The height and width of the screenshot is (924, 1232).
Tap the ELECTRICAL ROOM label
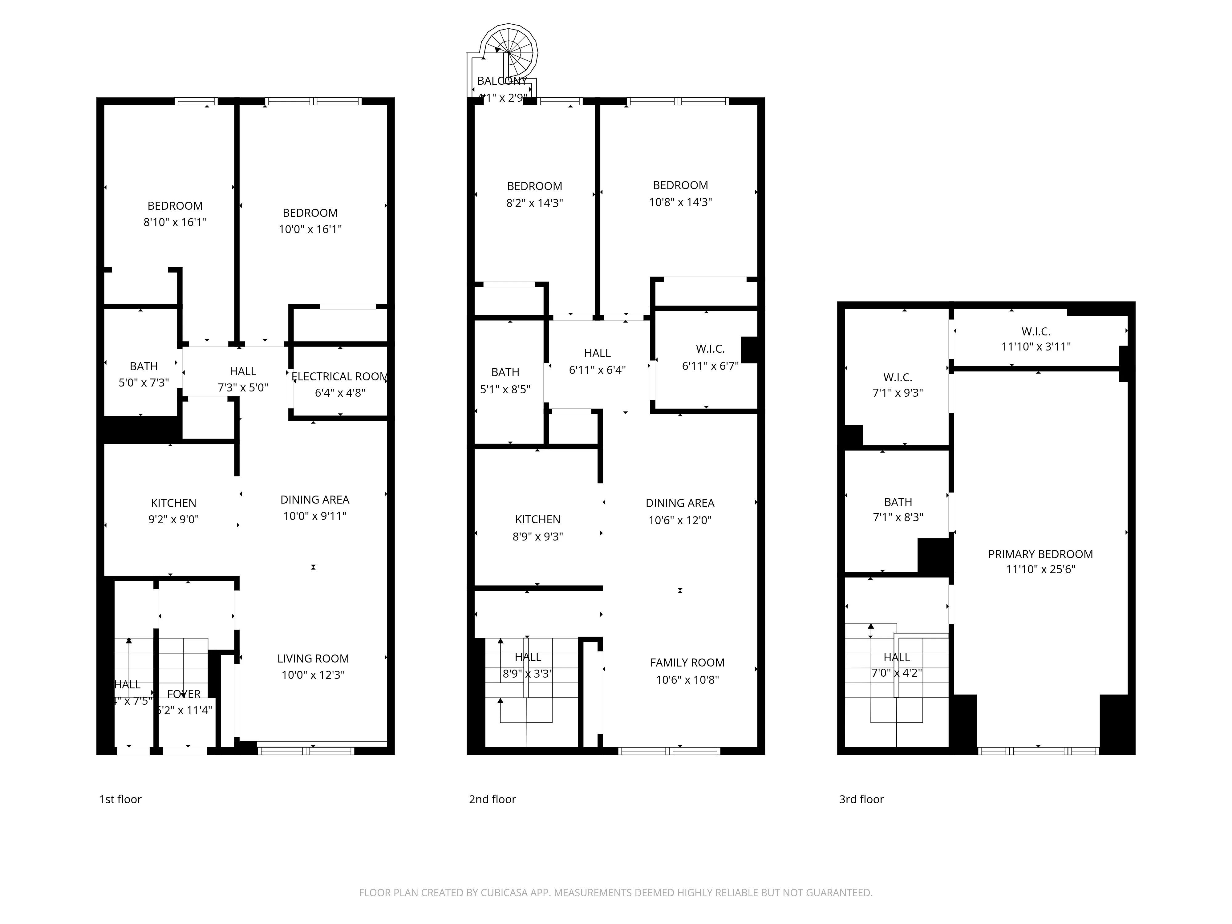click(x=340, y=376)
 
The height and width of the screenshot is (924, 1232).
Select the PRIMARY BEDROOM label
click(x=1040, y=554)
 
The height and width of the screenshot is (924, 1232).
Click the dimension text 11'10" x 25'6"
click(x=1040, y=569)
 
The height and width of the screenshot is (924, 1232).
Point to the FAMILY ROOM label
click(x=687, y=663)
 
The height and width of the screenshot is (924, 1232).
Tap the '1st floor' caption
click(x=120, y=799)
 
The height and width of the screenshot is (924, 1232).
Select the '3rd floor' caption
click(x=861, y=799)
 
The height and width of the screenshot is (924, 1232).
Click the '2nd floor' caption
click(x=492, y=799)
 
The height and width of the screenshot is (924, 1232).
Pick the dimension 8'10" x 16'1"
click(x=175, y=222)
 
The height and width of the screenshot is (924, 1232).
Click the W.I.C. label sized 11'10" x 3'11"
click(x=1035, y=331)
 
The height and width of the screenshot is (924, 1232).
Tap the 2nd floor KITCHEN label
click(x=537, y=520)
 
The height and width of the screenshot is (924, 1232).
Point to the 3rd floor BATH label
click(x=898, y=502)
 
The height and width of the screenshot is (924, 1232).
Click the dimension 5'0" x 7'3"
click(x=144, y=383)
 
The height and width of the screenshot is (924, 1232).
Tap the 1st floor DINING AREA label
click(x=315, y=500)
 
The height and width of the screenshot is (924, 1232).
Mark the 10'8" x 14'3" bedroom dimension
click(x=680, y=202)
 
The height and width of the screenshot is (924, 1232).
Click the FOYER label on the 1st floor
click(x=184, y=694)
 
